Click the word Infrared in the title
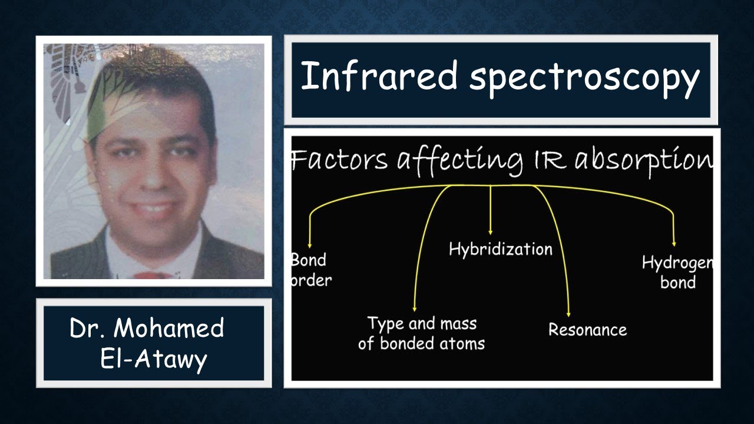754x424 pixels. coord(379,76)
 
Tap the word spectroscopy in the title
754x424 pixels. coord(584,78)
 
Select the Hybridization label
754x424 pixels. coord(501,249)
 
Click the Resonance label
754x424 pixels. coord(587,329)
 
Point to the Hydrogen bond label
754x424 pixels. coord(677,273)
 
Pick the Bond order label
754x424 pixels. coord(310,270)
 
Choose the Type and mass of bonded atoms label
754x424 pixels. coord(421,333)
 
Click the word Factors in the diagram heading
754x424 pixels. coord(339,160)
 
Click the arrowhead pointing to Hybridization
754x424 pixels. coord(491,232)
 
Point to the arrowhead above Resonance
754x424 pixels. coord(568,314)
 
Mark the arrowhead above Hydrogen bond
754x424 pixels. coord(674,243)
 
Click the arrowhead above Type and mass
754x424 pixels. coord(415,308)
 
